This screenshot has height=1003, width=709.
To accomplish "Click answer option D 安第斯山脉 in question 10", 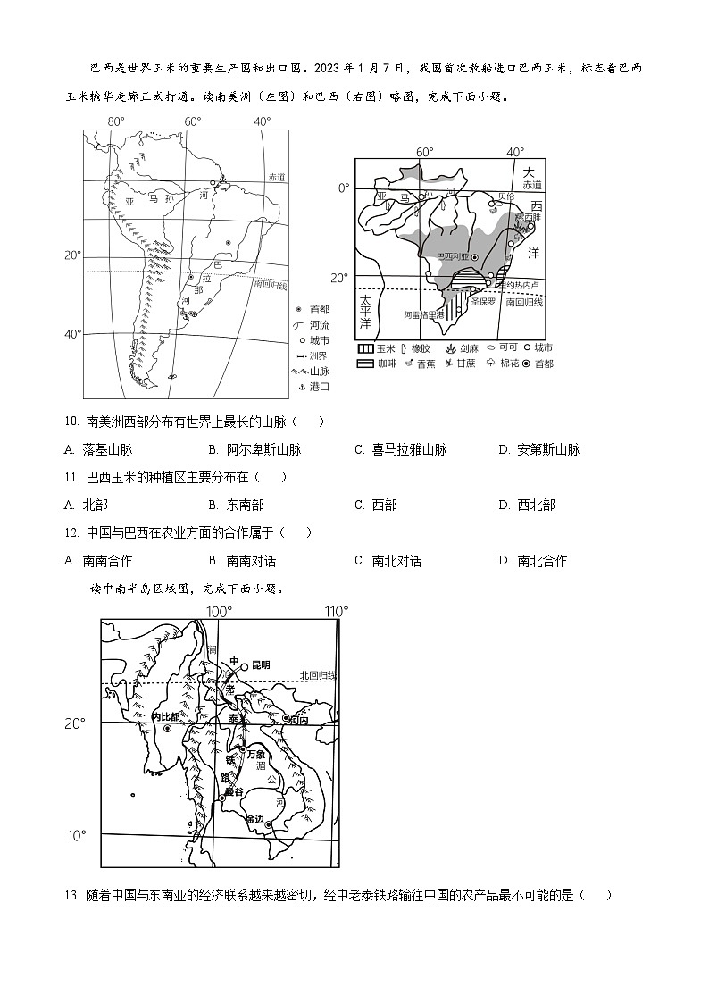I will click(539, 450).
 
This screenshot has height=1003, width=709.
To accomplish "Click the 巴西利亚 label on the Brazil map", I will click(453, 257).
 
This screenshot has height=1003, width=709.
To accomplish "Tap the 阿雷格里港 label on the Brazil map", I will click(423, 314).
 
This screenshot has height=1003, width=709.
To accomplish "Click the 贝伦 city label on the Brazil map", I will click(506, 196).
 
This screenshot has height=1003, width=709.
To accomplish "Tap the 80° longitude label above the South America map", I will click(116, 121).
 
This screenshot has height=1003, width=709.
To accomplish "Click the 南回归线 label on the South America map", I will click(269, 284).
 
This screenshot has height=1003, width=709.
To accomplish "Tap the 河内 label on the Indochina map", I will click(297, 719).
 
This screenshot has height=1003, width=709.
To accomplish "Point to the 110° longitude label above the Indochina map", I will click(336, 612).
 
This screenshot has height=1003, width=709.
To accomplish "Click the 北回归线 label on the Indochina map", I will click(318, 675).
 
